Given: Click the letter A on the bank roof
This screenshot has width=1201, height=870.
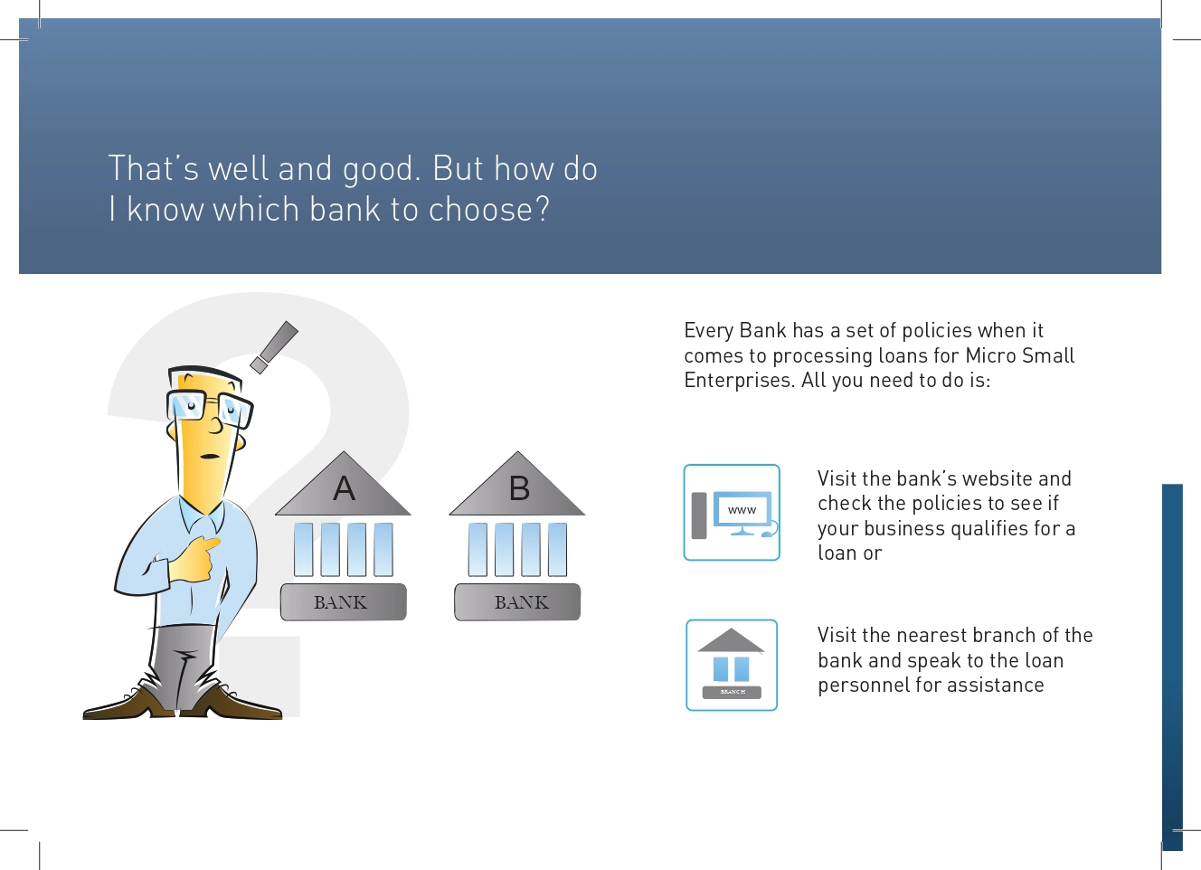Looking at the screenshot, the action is [344, 488].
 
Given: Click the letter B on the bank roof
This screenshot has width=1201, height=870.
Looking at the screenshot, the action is [519, 488].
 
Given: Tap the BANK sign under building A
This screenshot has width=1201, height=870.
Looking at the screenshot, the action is [343, 602].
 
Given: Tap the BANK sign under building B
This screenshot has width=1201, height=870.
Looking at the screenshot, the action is [517, 602].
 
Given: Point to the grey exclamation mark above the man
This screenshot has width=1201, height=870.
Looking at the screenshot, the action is [274, 347].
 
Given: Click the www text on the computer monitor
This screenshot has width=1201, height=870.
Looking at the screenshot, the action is [742, 510].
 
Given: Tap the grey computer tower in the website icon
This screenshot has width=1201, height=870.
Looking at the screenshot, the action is [698, 515].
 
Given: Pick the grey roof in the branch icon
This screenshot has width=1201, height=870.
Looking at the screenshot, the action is [731, 640].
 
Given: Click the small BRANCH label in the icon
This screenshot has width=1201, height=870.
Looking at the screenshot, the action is [733, 692].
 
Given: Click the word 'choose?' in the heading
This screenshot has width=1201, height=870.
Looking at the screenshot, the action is [489, 209].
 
